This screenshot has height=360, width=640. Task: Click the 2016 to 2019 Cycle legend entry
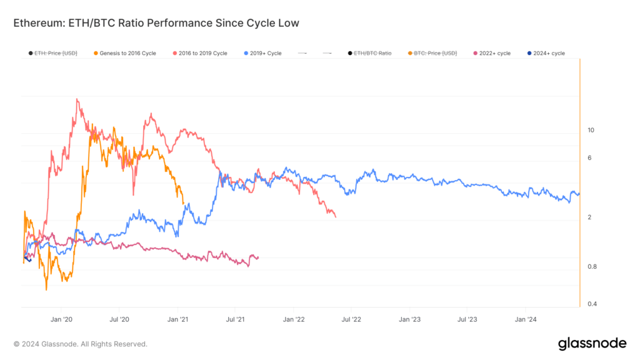pyautogui.click(x=199, y=53)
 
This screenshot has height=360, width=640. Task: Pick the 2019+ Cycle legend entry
pyautogui.click(x=262, y=53)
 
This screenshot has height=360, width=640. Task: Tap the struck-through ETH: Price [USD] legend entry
pyautogui.click(x=56, y=53)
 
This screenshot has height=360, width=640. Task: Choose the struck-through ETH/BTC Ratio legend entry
pyautogui.click(x=372, y=53)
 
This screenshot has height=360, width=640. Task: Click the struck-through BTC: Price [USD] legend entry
pyautogui.click(x=435, y=53)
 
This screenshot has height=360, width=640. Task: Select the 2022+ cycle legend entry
pyautogui.click(x=494, y=53)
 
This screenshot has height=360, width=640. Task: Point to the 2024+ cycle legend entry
pyautogui.click(x=549, y=53)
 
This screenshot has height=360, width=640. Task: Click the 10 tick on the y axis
pyautogui.click(x=591, y=131)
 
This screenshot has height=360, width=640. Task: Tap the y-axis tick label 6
pyautogui.click(x=589, y=158)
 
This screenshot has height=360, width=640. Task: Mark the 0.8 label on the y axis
pyautogui.click(x=591, y=267)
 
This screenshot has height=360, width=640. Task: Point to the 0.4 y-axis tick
pyautogui.click(x=591, y=304)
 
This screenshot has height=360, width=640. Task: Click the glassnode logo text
pyautogui.click(x=591, y=343)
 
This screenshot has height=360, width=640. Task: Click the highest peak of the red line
pyautogui.click(x=77, y=99)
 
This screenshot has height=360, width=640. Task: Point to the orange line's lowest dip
pyautogui.click(x=46, y=289)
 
